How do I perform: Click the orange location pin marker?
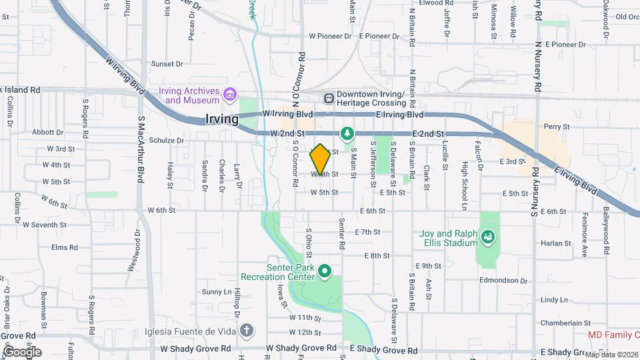point(320,159)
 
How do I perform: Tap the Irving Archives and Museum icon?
point(230,95)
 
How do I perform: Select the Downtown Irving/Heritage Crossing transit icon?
point(329,98)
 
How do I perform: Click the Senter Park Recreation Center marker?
point(325,271)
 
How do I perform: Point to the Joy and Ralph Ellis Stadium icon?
point(489,237)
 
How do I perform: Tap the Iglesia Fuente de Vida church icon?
point(247,329)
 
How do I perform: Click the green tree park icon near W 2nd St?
point(347,134)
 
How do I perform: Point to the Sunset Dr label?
point(167,64)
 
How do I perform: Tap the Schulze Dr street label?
point(167,141)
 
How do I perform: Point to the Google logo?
point(21,351)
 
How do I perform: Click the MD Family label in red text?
point(613,335)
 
